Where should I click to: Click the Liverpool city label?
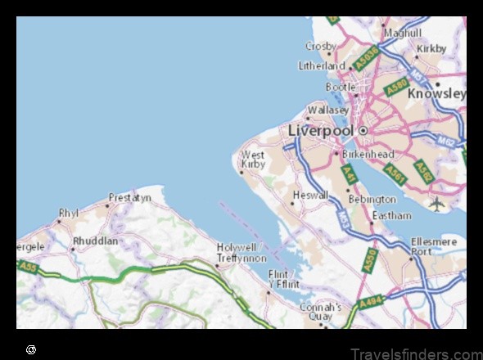click(320, 131)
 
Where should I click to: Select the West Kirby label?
click(253, 159)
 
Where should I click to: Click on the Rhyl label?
click(68, 214)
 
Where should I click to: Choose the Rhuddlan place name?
click(95, 241)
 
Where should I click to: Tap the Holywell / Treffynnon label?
click(237, 251)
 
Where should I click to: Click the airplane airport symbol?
click(437, 203)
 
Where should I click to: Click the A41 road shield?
click(349, 174)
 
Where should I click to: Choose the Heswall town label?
click(311, 196)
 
